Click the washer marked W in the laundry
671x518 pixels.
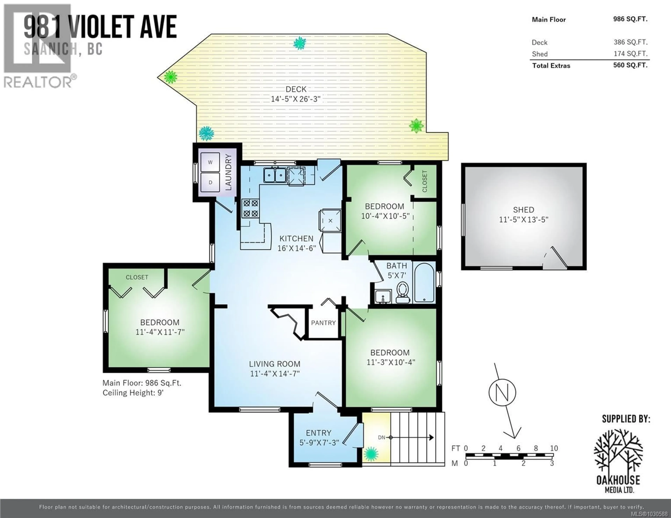[210, 162]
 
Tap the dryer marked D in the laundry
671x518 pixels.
[210, 182]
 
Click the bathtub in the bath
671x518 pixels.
[424, 282]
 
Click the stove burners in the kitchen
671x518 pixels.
[250, 208]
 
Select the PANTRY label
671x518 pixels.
[323, 323]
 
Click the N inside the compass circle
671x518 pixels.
[502, 392]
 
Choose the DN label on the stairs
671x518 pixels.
[381, 437]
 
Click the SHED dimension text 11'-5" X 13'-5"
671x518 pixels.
[524, 220]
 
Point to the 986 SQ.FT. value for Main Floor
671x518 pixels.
[630, 19]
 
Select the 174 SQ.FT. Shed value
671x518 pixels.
[630, 54]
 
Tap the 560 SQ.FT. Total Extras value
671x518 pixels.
[630, 65]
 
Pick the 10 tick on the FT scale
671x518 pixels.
[554, 448]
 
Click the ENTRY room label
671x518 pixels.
[318, 433]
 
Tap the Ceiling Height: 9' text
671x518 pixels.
[133, 393]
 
